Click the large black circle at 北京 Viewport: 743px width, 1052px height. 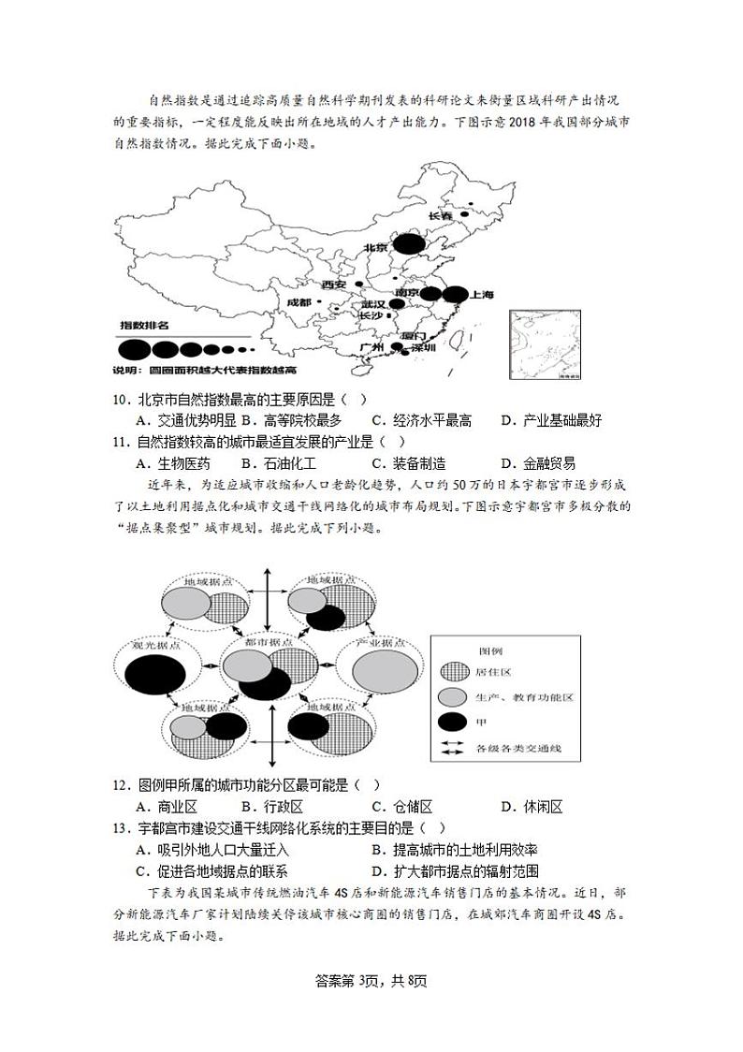[x=407, y=245]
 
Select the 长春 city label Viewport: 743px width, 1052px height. [x=440, y=216]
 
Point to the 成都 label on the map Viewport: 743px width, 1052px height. [x=299, y=302]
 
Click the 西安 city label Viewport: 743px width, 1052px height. [x=333, y=285]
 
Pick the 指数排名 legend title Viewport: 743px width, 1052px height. [x=144, y=326]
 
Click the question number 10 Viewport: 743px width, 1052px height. [x=120, y=399]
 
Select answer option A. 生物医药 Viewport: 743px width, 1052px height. [x=173, y=463]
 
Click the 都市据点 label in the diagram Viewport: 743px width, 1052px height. [x=268, y=643]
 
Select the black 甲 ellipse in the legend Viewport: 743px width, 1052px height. [x=453, y=721]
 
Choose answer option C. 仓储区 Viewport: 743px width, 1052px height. [x=401, y=807]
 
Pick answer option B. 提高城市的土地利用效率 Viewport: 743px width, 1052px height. [x=454, y=850]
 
